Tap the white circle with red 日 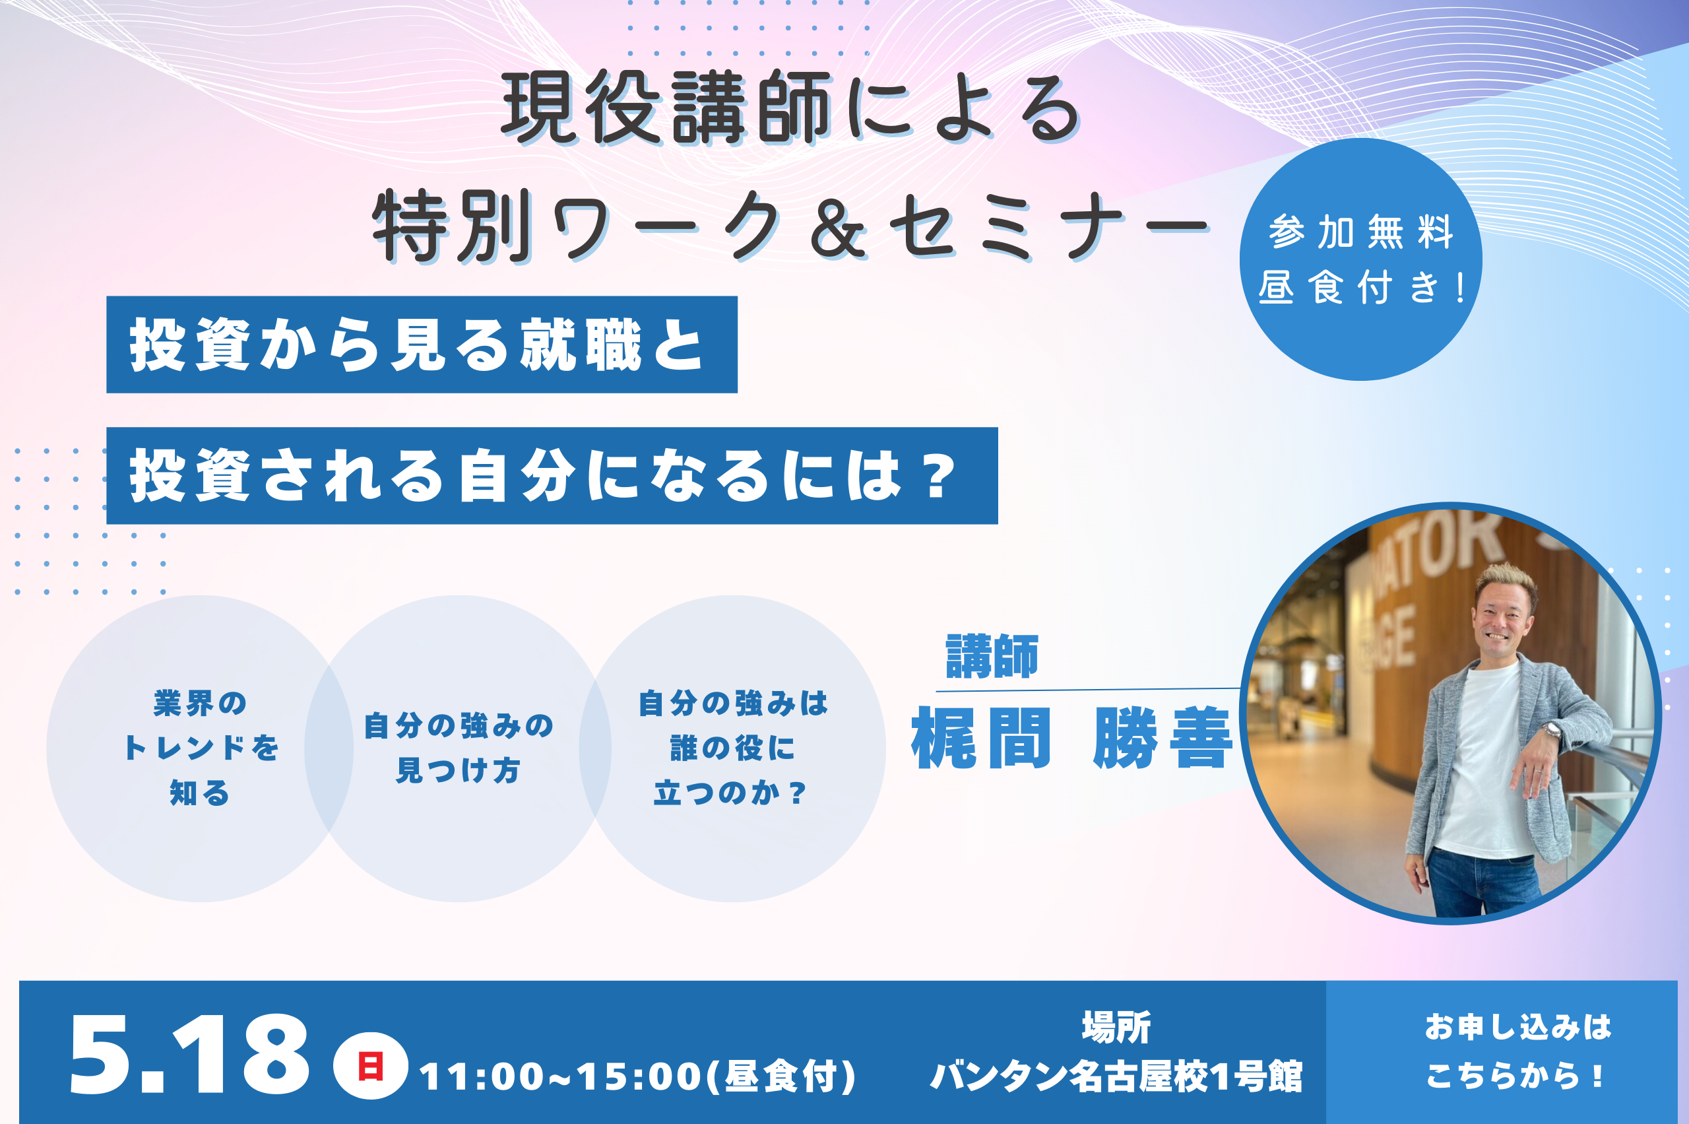[x=371, y=1066]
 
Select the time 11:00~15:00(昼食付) [x=638, y=1076]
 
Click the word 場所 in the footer [x=1116, y=1027]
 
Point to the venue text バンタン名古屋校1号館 [x=1116, y=1076]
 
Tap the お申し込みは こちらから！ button [x=1517, y=1051]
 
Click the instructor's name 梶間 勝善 [x=1072, y=739]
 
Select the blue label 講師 [x=992, y=656]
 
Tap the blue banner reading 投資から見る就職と [x=422, y=345]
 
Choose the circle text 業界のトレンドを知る [x=201, y=748]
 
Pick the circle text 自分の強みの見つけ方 [x=459, y=748]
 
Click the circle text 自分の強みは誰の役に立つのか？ [x=732, y=748]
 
